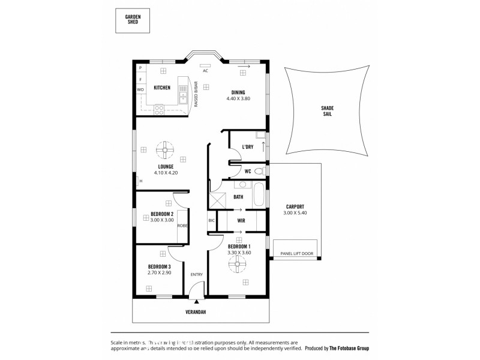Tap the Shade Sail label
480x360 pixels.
(x=328, y=111)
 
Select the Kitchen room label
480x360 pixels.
(x=162, y=88)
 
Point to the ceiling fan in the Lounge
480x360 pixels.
(x=165, y=149)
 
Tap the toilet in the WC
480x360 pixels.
(x=260, y=172)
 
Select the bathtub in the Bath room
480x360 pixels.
(x=259, y=196)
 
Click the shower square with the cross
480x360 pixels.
(x=217, y=199)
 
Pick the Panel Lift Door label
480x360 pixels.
(x=296, y=254)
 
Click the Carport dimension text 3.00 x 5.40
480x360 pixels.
(x=296, y=212)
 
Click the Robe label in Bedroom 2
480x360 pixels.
(x=182, y=226)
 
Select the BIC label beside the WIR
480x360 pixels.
(x=211, y=221)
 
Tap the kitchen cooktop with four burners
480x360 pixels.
(x=160, y=109)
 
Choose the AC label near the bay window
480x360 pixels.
(x=205, y=71)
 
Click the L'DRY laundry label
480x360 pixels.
(x=247, y=147)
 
